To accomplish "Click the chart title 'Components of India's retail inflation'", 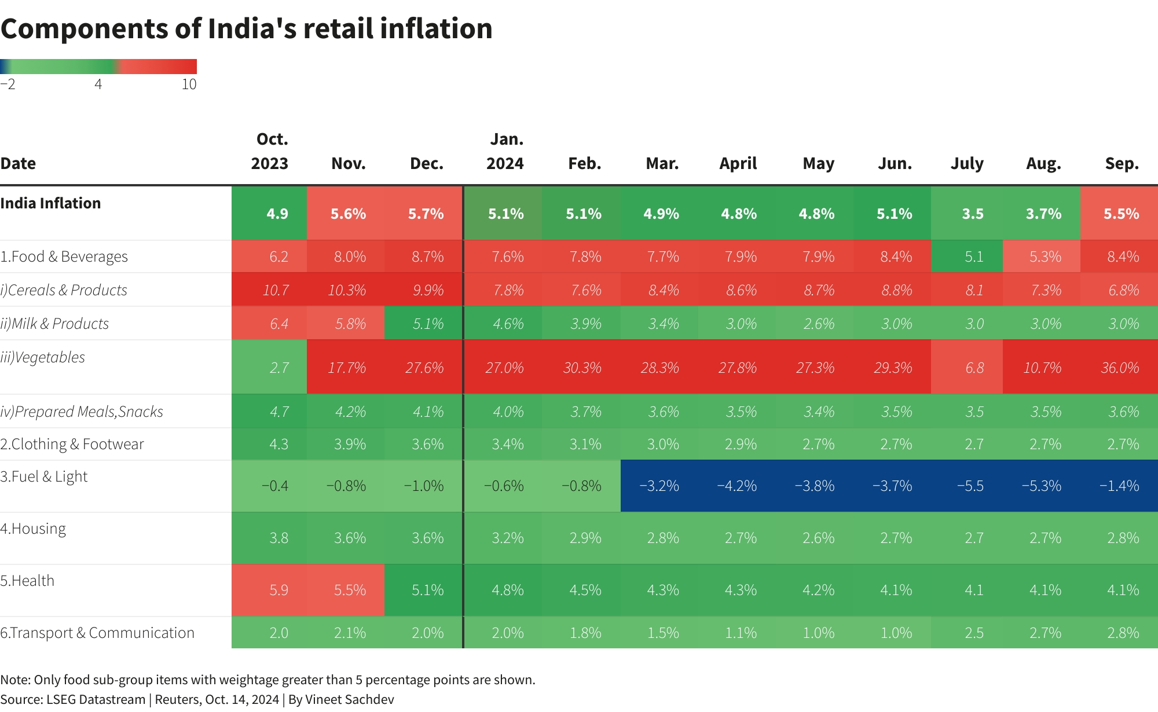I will point(246,29).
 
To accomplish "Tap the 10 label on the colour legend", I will point(189,85).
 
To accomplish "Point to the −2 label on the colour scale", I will point(8,85).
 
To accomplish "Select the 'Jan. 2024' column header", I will point(505,151).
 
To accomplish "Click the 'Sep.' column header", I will point(1122,164).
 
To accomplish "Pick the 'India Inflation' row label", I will point(50,203).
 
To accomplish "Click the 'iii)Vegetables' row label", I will point(43,357).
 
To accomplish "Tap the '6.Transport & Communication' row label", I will point(97,633).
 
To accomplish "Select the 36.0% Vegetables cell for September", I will point(1120,368).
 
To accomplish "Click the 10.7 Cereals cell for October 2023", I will point(276,290).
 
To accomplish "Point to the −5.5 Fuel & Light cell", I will point(970,486).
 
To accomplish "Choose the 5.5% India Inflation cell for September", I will point(1121,214).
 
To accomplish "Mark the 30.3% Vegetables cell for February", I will point(582,368).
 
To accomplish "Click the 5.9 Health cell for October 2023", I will point(278,590).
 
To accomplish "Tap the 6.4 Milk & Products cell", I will point(278,324).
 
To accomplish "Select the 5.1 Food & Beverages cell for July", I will point(974,256).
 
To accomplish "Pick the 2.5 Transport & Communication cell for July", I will point(974,633).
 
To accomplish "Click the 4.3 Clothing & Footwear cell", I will point(278,444).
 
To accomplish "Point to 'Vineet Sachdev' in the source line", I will point(349,699).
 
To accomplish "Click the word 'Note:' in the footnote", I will point(15,680).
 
